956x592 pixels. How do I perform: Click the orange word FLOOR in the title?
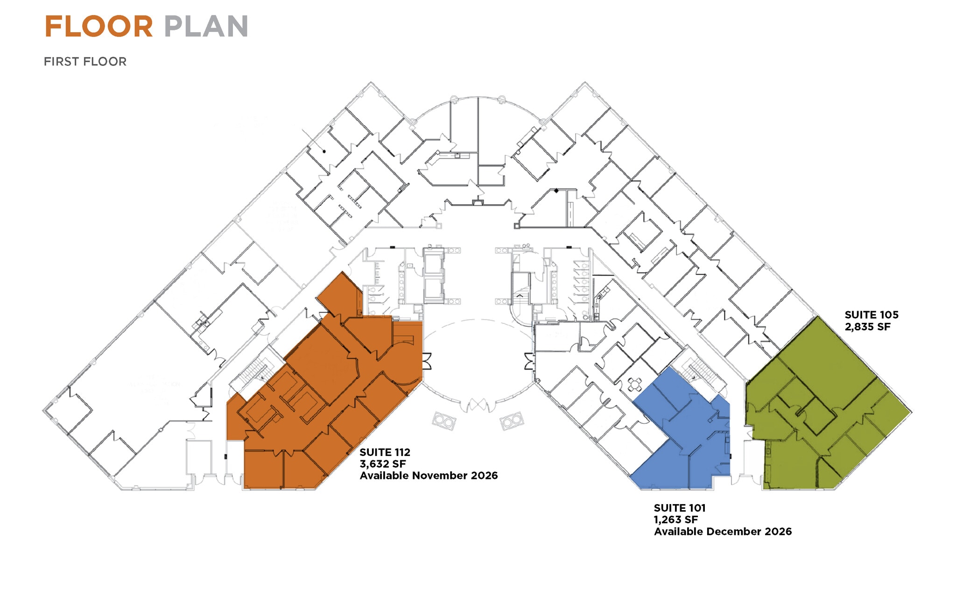click(x=99, y=27)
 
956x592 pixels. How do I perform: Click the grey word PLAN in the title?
click(x=206, y=27)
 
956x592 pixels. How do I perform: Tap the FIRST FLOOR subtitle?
click(x=85, y=62)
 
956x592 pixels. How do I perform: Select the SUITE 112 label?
click(x=385, y=452)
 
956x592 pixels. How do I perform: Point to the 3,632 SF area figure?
click(x=382, y=464)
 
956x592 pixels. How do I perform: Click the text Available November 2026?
click(x=429, y=476)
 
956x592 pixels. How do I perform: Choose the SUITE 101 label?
click(x=679, y=508)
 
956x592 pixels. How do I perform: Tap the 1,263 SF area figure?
click(x=675, y=520)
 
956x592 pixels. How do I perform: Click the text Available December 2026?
click(x=723, y=532)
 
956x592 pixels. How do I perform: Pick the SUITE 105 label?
click(x=871, y=315)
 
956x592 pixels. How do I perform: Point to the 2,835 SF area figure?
click(x=867, y=327)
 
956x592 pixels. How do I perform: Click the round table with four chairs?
click(x=634, y=385)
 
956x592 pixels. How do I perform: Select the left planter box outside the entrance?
click(x=443, y=421)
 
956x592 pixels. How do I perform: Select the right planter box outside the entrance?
click(x=512, y=421)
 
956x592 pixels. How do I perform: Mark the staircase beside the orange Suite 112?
click(x=255, y=371)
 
